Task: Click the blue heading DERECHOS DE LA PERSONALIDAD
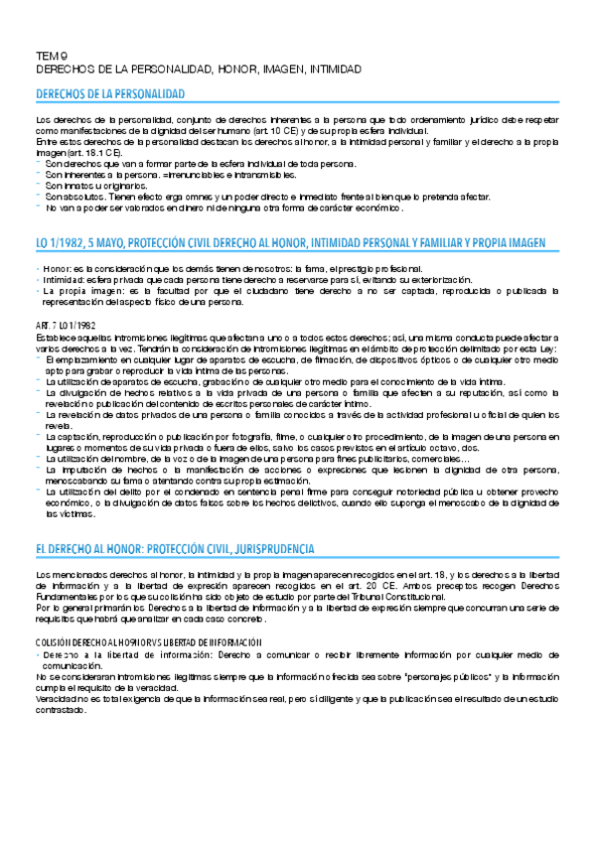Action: (110, 93)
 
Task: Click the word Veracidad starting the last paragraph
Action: (58, 699)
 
